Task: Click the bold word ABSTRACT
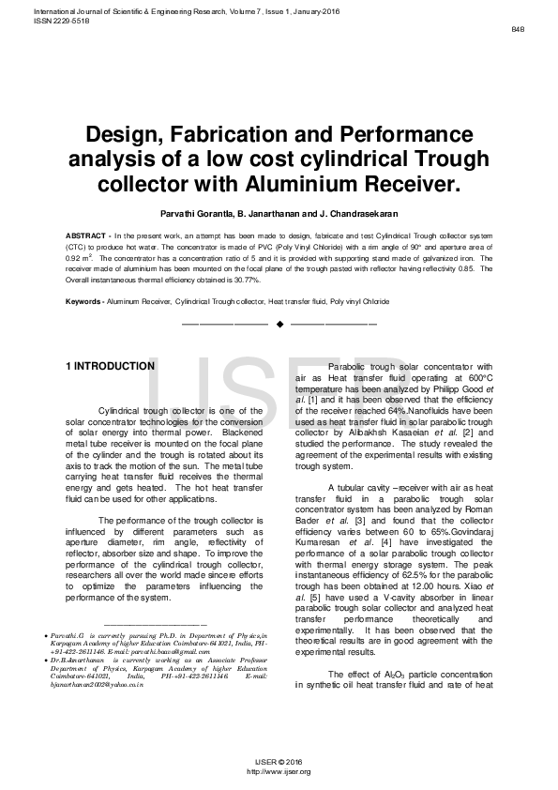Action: click(x=85, y=233)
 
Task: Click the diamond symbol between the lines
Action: click(x=279, y=324)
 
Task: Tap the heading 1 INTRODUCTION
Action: click(x=108, y=366)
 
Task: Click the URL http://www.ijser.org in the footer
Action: click(x=278, y=771)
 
